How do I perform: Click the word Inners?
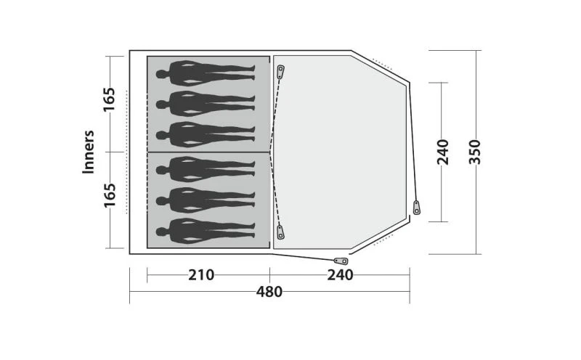coord(89,152)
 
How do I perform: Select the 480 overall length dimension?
coord(269,292)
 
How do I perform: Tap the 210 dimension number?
coord(201,275)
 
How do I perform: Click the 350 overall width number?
coord(475,152)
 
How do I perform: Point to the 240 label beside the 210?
coord(340,275)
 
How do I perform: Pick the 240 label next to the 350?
coord(443,152)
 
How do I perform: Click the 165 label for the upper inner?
coord(109,100)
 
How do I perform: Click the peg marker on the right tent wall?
coord(416,207)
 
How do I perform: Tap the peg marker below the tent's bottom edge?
coord(338,261)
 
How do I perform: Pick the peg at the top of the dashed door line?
coord(280,71)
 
